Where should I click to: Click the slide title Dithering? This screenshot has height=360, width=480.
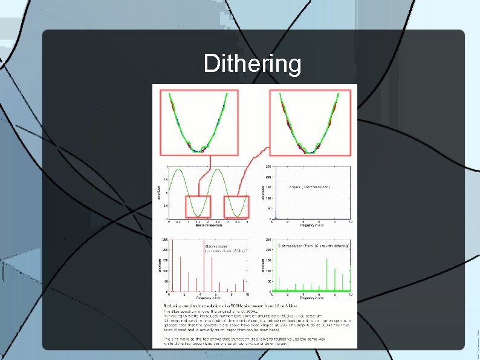(252, 64)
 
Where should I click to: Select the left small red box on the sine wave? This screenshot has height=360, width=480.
(198, 207)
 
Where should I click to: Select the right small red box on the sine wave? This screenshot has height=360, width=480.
(237, 207)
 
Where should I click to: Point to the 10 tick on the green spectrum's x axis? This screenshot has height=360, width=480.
(350, 295)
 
